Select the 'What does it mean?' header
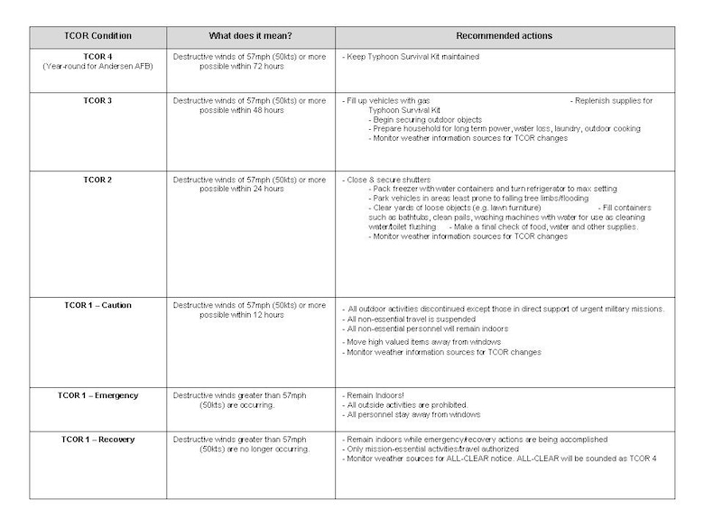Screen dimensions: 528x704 coord(250,36)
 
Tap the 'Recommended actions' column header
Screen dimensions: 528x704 coord(504,36)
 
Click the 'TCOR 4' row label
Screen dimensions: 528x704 coord(97,56)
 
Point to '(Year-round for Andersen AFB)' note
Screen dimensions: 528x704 coord(97,66)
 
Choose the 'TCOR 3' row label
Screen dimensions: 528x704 coord(97,100)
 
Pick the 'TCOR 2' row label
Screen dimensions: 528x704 coord(97,179)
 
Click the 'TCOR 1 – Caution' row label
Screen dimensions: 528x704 coord(97,305)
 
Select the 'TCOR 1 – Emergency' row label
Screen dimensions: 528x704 coord(98,395)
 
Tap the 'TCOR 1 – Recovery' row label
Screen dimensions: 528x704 coord(97,440)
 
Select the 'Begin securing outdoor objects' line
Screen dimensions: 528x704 coord(425,119)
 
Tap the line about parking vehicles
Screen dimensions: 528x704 coord(478,198)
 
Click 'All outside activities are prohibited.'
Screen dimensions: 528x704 coord(407,405)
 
